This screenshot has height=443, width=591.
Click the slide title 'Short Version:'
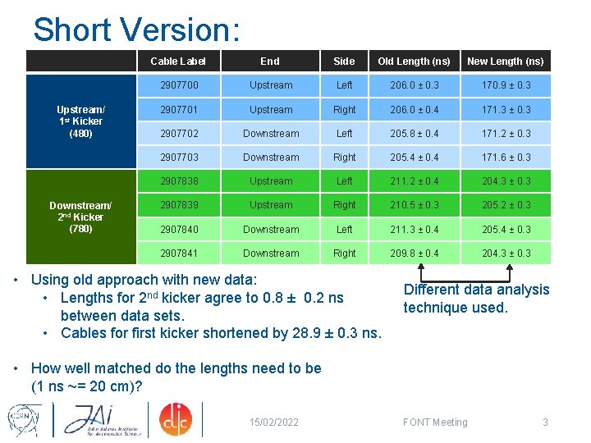click(136, 30)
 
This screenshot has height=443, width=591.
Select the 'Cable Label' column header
click(178, 62)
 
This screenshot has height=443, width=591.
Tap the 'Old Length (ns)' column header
click(414, 62)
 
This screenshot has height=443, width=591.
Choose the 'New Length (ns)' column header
click(505, 62)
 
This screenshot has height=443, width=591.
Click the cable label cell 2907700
click(179, 85)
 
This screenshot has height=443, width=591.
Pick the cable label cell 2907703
click(179, 158)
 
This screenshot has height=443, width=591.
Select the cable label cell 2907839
click(179, 205)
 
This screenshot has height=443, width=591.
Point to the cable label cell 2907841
click(179, 253)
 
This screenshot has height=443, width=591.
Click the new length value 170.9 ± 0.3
click(505, 85)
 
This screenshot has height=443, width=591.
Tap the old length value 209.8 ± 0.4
click(414, 253)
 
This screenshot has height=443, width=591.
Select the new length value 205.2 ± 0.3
click(505, 205)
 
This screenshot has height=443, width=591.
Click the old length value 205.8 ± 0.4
click(414, 134)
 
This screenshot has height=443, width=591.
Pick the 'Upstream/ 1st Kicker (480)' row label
click(80, 121)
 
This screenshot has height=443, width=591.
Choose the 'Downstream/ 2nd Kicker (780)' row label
click(80, 217)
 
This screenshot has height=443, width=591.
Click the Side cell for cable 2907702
click(344, 134)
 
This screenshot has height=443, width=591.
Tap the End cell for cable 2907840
click(271, 230)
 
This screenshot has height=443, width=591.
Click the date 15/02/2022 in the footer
click(274, 422)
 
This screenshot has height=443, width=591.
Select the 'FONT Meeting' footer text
click(435, 422)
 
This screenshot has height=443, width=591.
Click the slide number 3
click(545, 422)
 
